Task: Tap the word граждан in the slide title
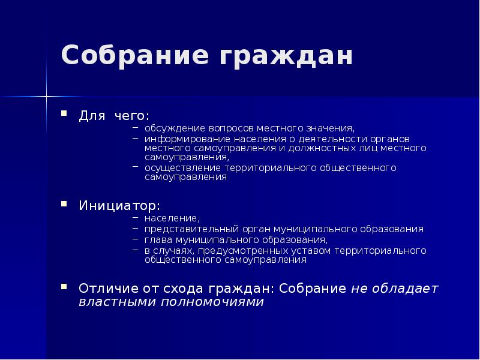286,56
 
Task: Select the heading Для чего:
114,115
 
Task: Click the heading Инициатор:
119,206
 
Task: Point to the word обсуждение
174,128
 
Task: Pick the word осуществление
175,168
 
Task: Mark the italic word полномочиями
212,302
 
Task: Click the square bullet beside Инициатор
63,205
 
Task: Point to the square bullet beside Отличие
63,287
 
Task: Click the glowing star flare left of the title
46,95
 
